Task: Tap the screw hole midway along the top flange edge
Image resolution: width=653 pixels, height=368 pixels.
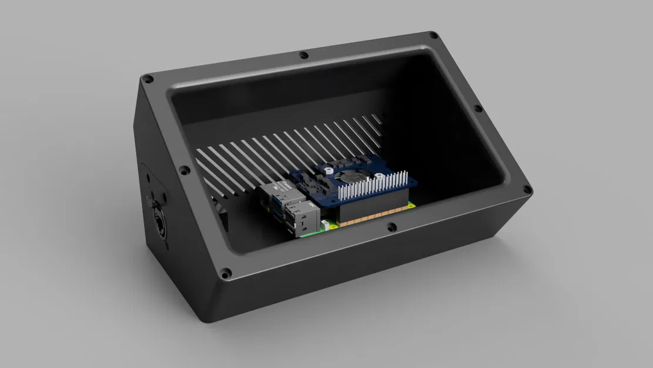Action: [304, 55]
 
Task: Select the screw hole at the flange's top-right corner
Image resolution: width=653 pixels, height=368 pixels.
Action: [433, 36]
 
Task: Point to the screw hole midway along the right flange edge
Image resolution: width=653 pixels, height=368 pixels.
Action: [478, 109]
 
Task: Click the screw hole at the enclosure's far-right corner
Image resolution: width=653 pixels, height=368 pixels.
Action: [527, 190]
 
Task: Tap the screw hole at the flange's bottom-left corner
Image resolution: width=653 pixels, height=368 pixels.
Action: [225, 273]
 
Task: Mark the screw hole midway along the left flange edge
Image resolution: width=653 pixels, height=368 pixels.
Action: [184, 171]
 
